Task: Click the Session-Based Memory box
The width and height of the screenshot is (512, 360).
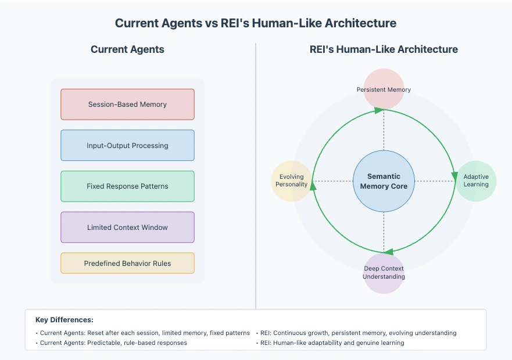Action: [127, 105]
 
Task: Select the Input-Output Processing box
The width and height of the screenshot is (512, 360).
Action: [127, 145]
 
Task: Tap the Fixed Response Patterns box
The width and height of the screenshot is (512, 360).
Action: [127, 186]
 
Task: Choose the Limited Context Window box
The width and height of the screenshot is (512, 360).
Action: [127, 227]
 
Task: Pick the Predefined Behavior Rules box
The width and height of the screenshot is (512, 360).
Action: [127, 263]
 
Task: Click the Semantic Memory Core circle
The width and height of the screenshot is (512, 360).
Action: [384, 181]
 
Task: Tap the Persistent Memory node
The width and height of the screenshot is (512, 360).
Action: [384, 89]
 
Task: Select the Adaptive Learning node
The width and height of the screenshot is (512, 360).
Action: [476, 181]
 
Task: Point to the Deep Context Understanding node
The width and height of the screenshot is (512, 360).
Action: [384, 273]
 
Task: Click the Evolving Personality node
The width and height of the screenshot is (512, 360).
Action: [291, 181]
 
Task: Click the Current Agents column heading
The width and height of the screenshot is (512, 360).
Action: [127, 49]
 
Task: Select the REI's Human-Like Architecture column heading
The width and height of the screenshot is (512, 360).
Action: [384, 49]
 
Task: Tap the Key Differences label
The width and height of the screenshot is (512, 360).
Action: [64, 319]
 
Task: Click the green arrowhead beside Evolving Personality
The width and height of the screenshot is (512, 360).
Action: [313, 186]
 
